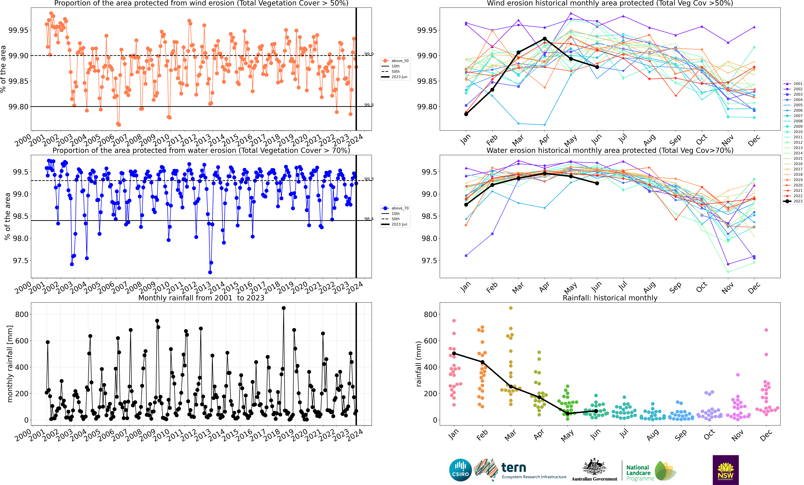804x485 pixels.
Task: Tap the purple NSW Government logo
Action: point(725,470)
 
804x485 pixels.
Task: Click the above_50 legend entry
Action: point(395,61)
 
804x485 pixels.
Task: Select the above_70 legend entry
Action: point(395,208)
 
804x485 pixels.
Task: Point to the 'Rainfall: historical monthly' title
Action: point(610,298)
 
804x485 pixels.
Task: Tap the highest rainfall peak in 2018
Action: point(284,308)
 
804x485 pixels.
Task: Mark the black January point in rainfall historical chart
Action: point(454,353)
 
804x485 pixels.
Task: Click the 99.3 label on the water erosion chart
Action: point(369,179)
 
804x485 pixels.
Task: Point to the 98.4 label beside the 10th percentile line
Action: point(369,219)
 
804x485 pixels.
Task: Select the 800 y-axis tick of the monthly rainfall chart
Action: point(22,314)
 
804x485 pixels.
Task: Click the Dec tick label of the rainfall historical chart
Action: point(766,435)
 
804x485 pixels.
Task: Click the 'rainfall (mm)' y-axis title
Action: point(419,364)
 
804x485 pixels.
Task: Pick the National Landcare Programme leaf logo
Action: point(665,471)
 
